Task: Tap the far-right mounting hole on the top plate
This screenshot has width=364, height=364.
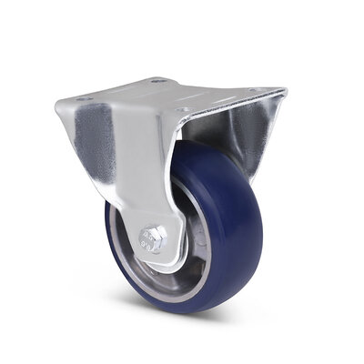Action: (265, 91)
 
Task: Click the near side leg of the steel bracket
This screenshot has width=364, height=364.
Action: (136, 173)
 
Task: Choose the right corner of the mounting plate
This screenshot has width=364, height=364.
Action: (284, 90)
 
